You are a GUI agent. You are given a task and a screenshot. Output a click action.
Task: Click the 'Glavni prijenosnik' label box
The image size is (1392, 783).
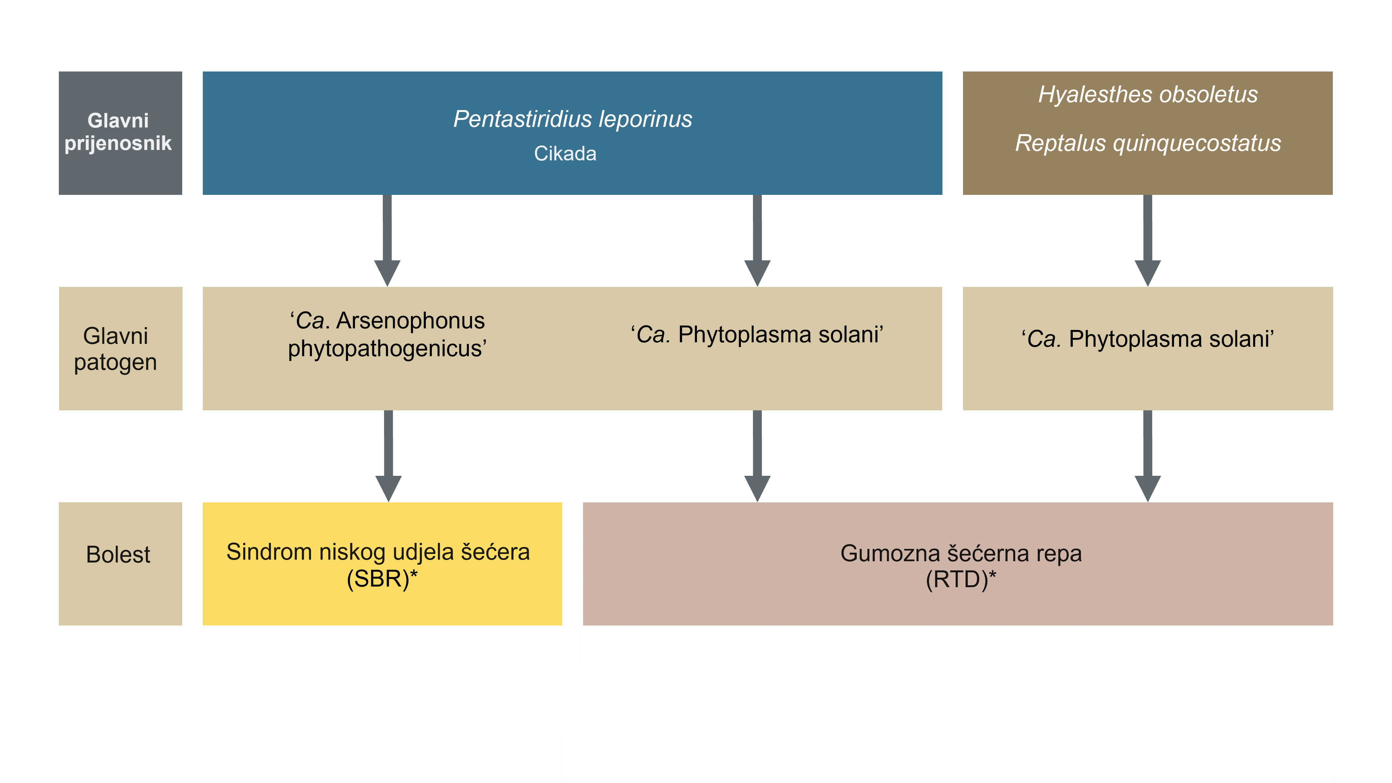click(121, 133)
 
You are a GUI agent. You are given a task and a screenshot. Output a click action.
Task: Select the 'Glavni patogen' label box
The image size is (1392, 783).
click(121, 349)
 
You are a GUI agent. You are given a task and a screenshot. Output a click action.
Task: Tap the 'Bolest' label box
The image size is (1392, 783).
click(121, 564)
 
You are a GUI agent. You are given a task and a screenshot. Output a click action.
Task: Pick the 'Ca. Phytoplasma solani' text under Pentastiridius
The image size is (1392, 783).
click(757, 334)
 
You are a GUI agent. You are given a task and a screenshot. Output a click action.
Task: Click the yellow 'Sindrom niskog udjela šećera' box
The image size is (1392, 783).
click(382, 564)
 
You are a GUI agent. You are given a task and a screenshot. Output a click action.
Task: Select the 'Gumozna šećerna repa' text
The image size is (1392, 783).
click(961, 553)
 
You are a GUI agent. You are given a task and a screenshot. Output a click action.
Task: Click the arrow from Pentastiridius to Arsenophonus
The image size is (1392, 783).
click(388, 240)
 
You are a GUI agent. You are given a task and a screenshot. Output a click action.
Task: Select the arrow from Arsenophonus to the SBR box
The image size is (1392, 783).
click(388, 456)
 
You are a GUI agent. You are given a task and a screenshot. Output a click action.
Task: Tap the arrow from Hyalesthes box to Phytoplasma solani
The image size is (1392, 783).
click(1148, 240)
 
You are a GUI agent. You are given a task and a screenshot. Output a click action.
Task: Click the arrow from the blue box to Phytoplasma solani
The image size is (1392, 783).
click(758, 240)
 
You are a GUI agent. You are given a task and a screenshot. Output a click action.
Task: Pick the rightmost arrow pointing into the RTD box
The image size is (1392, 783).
click(1148, 456)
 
